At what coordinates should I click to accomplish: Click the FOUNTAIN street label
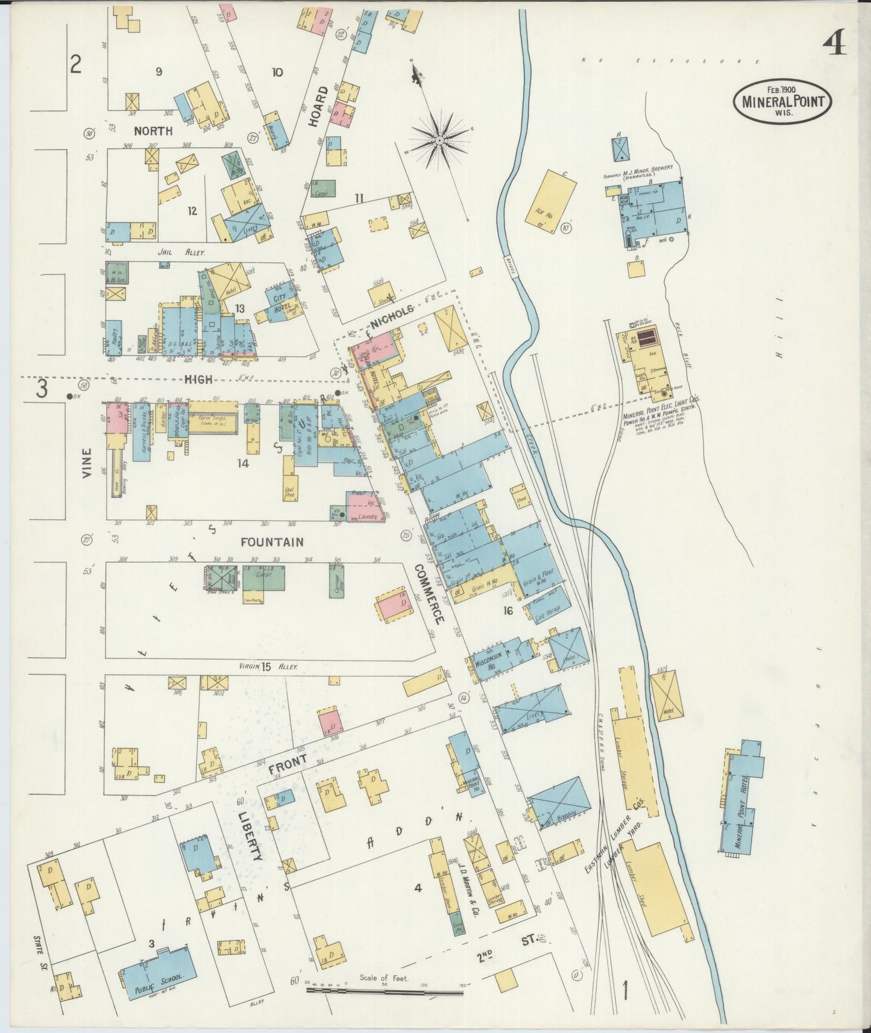coord(272,542)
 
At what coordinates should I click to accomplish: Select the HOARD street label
coord(318,107)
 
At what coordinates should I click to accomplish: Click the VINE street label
coord(88,463)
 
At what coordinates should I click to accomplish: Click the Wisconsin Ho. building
coord(494,656)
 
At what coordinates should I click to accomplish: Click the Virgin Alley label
coord(265,667)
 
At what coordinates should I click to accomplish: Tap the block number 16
coord(508,611)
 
